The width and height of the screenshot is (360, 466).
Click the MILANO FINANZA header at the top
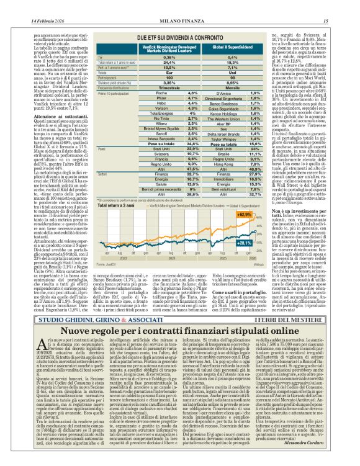click(180, 6)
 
